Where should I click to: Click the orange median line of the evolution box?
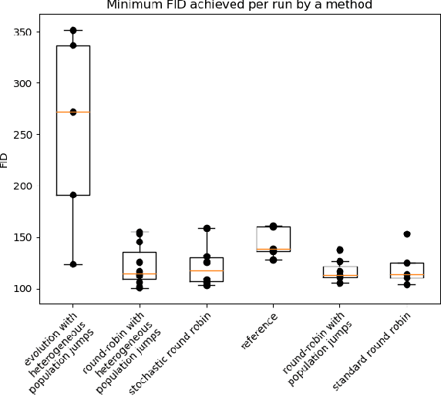pyautogui.click(x=73, y=112)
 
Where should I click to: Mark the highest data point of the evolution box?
pyautogui.click(x=73, y=30)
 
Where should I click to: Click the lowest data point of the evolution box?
pyautogui.click(x=73, y=264)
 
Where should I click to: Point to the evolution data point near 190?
pyautogui.click(x=73, y=195)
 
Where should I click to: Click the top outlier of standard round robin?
pyautogui.click(x=407, y=234)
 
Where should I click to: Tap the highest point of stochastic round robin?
pyautogui.click(x=207, y=228)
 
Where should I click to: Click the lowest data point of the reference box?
pyautogui.click(x=274, y=260)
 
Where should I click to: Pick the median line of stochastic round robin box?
pyautogui.click(x=207, y=270)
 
